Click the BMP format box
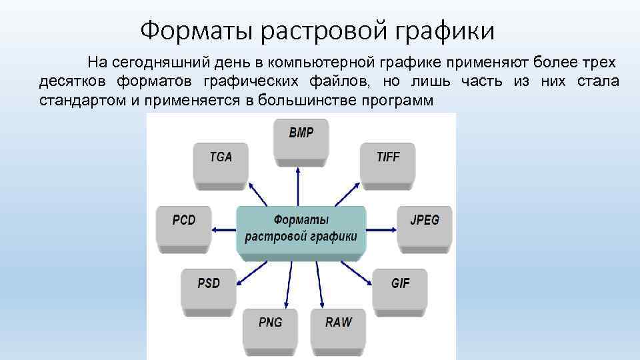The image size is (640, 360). [x=301, y=138]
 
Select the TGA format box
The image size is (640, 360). [x=221, y=163]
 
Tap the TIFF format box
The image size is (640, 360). [x=387, y=163]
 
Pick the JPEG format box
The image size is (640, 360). [x=425, y=225]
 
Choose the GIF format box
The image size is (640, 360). [x=400, y=288]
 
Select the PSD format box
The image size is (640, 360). [x=208, y=288]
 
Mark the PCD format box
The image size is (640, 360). [x=183, y=225]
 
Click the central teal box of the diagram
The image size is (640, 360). [x=301, y=228]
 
